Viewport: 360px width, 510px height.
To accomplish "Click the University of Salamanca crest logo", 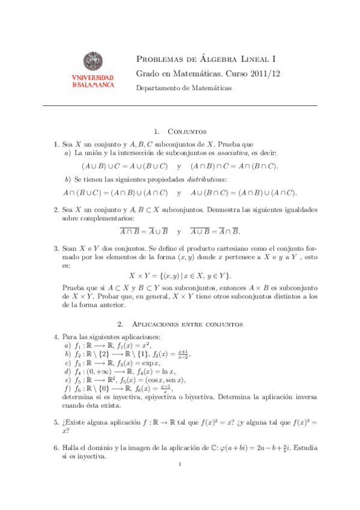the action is (92, 63).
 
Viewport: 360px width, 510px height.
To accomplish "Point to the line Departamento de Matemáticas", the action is (184, 87).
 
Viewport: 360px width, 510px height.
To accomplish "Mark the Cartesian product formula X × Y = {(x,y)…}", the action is (180, 275).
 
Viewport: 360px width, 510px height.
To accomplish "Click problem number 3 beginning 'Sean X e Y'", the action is (56, 248).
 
